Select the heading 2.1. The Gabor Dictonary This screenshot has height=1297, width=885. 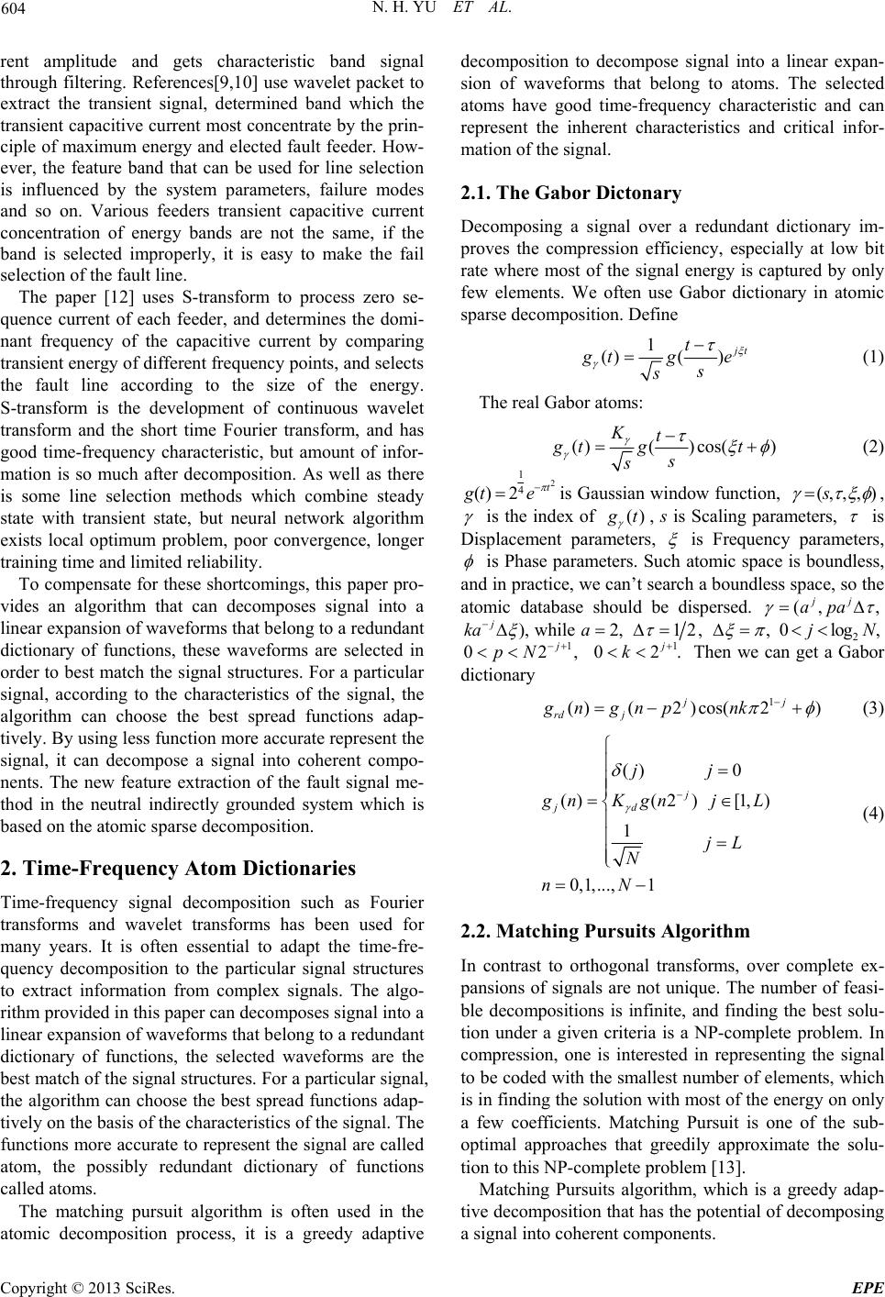pos(570,194)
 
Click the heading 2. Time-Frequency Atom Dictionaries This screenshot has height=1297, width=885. pos(179,867)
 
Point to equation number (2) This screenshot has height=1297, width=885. pos(871,447)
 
